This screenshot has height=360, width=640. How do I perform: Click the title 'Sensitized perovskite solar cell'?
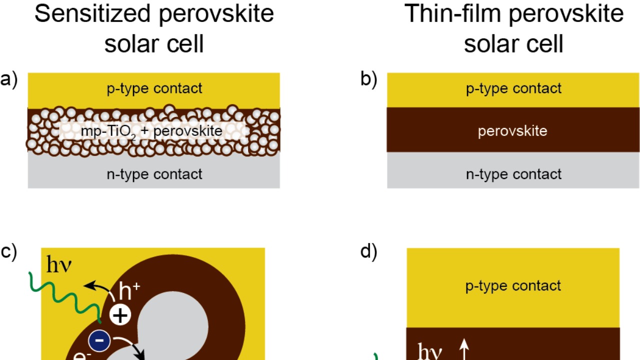(154, 28)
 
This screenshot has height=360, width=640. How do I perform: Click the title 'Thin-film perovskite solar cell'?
(513, 28)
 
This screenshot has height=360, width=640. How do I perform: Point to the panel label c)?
(9, 251)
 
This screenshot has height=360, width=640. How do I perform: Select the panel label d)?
(369, 251)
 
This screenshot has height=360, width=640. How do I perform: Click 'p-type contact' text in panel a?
(154, 88)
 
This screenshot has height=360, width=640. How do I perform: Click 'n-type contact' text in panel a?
(154, 174)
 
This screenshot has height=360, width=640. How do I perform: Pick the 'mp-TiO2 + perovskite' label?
(151, 131)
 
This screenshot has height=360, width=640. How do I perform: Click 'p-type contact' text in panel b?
(513, 88)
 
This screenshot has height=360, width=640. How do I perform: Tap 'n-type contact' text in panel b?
(513, 174)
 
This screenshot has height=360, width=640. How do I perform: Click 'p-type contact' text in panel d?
(513, 285)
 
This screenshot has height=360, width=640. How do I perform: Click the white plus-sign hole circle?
(120, 315)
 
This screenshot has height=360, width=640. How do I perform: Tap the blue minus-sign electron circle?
(99, 341)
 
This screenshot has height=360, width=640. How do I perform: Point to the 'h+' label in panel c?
(129, 291)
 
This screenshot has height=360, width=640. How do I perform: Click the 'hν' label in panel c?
(59, 265)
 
